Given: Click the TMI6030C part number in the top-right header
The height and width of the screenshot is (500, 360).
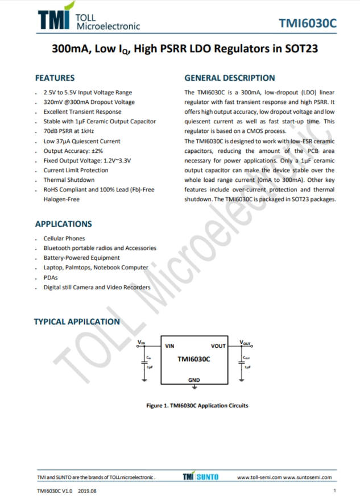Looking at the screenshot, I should (308, 23).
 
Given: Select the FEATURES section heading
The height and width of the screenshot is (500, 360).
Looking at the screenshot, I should (55, 78).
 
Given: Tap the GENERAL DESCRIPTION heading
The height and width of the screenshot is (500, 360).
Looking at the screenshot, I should (230, 78).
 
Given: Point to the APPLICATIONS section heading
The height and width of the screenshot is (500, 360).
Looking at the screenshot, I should (63, 224).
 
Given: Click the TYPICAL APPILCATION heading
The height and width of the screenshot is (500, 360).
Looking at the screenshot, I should (77, 322).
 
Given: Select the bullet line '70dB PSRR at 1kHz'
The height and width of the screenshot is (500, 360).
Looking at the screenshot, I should (69, 131).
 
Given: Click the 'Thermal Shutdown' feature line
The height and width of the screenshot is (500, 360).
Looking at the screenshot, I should (69, 180).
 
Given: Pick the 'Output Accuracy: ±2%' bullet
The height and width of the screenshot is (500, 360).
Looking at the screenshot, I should (73, 151).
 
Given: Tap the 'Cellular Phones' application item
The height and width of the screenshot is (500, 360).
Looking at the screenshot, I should (64, 238).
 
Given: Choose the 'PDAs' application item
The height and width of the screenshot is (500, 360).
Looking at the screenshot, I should (51, 277).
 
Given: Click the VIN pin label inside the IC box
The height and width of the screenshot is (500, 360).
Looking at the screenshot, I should (169, 345).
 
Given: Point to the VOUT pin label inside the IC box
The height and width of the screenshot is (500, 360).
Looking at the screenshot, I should (218, 345).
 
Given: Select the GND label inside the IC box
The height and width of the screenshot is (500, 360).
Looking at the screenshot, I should (194, 380).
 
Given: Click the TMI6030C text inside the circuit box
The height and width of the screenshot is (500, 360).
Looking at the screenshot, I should (194, 359).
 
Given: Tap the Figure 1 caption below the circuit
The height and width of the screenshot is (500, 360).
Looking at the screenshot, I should (197, 406).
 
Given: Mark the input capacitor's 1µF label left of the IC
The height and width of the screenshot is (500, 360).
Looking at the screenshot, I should (150, 367).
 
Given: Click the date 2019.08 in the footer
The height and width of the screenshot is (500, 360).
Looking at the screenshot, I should (88, 491).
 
